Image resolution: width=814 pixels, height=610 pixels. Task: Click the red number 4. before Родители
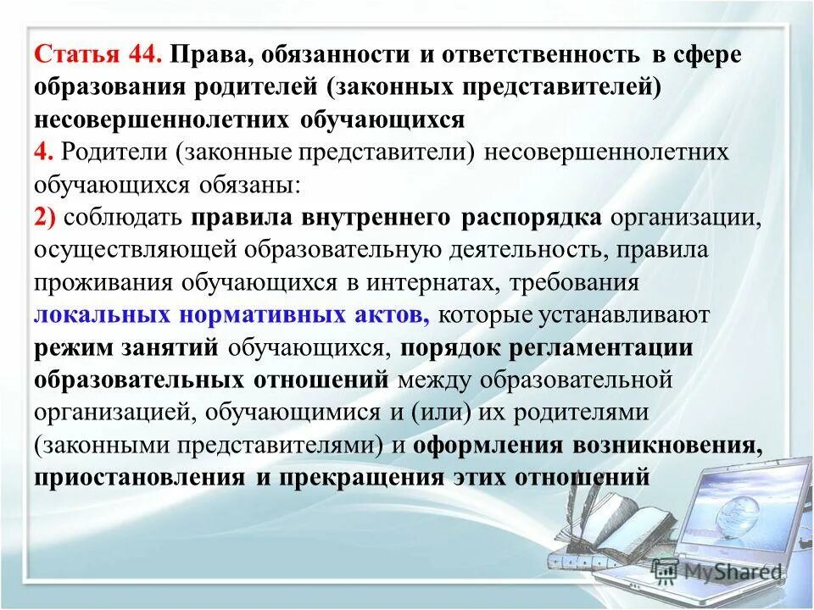pyautogui.click(x=43, y=152)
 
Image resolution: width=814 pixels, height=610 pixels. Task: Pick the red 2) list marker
pyautogui.click(x=46, y=217)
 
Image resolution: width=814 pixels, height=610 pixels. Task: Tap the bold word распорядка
pyautogui.click(x=532, y=217)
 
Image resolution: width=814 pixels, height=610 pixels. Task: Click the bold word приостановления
pyautogui.click(x=139, y=476)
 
